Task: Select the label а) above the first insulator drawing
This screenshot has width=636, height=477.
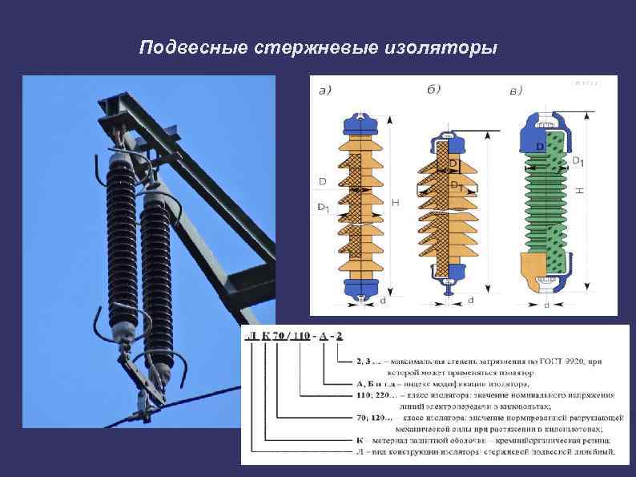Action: pyautogui.click(x=326, y=91)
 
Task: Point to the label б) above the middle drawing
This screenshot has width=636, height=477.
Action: pyautogui.click(x=433, y=90)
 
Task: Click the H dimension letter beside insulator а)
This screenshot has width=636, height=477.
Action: pyautogui.click(x=395, y=204)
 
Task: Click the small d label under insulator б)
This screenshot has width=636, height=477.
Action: pyautogui.click(x=470, y=300)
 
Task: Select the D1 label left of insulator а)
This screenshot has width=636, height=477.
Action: pyautogui.click(x=323, y=208)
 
